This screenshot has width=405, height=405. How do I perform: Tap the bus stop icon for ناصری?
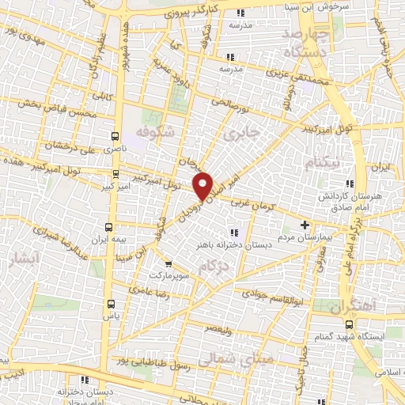(x=115, y=136)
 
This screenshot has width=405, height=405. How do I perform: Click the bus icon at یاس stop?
(x=110, y=302)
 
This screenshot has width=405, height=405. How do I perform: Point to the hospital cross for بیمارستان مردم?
(x=305, y=224)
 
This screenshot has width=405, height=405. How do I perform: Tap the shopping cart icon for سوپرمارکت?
(x=167, y=264)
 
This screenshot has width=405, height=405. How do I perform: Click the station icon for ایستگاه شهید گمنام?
(x=349, y=324)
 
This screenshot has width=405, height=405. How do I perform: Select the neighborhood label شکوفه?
(x=153, y=131)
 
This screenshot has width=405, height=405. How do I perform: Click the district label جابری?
(x=242, y=134)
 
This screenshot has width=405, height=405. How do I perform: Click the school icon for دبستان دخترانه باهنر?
(x=233, y=233)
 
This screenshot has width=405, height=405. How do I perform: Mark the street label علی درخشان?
(x=74, y=145)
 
